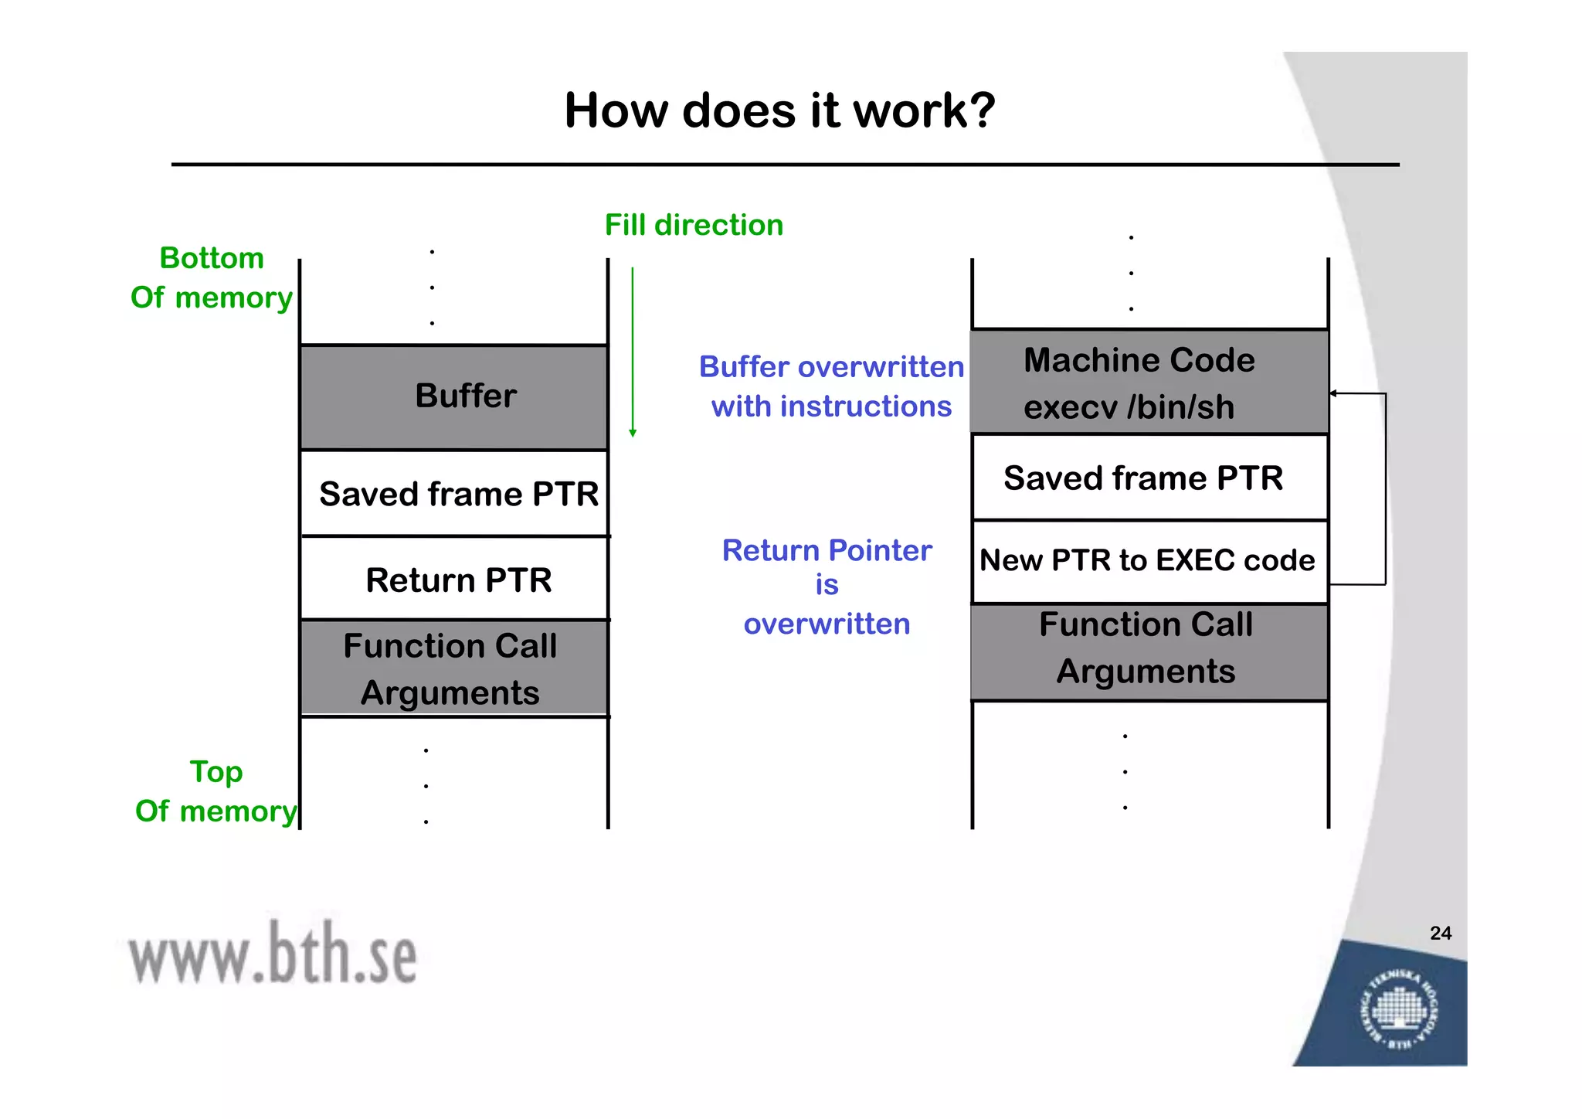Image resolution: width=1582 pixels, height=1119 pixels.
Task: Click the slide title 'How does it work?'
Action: [779, 111]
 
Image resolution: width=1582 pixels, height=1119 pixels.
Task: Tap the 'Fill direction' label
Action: [693, 225]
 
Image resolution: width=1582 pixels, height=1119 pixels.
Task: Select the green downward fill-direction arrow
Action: [633, 352]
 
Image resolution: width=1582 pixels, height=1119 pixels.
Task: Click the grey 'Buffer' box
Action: [454, 396]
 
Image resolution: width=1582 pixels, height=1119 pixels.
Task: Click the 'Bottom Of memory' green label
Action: [211, 277]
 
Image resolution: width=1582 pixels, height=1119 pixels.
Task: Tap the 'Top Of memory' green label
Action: [216, 791]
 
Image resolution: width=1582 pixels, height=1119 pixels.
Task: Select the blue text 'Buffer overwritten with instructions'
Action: [831, 386]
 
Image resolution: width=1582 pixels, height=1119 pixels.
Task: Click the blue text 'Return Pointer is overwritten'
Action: [827, 587]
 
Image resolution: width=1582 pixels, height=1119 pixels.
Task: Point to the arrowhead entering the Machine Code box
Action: [1334, 393]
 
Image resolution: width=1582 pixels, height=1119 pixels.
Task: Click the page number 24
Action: [1440, 933]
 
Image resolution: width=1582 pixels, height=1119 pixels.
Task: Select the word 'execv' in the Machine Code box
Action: [1070, 407]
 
